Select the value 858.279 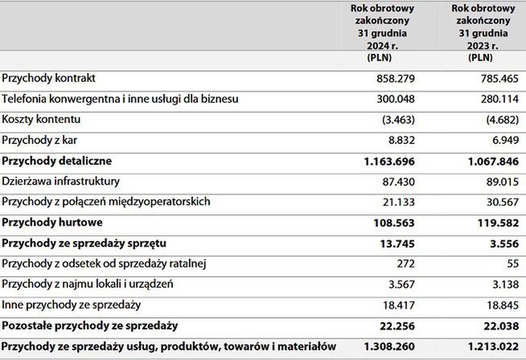coord(395,79)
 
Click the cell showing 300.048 coord(395,100)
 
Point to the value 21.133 coord(397,202)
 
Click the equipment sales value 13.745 coord(397,243)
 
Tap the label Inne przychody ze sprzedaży coord(72,305)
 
